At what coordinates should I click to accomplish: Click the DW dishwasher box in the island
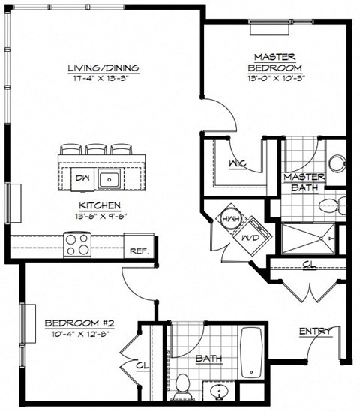tap(82, 178)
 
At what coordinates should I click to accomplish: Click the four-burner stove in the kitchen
tap(77, 243)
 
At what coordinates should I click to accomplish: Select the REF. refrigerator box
tap(139, 251)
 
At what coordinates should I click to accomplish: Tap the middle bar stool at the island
tap(97, 148)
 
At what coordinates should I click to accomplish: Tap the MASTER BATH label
tap(303, 182)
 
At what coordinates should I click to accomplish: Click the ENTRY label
tap(315, 331)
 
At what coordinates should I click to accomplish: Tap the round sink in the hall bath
tap(220, 391)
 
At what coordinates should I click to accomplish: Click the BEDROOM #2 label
tap(74, 323)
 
